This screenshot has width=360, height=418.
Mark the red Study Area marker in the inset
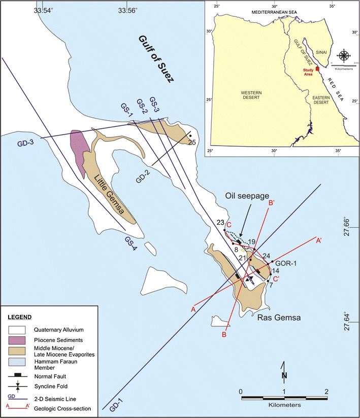point(317,68)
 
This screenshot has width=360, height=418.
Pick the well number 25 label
point(192,142)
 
